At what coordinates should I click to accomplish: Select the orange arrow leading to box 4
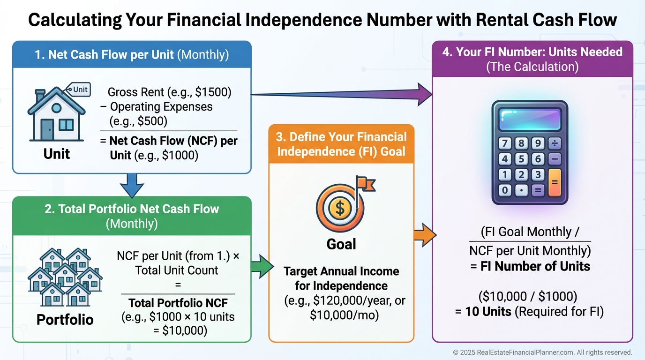point(424,234)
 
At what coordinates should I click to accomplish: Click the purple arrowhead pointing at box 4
point(423,95)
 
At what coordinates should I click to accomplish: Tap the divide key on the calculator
point(554,143)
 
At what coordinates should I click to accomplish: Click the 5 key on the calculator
point(522,159)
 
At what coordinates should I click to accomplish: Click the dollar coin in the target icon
point(340,209)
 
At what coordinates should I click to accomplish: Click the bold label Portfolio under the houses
point(65,320)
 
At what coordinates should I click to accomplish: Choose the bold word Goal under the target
point(341,244)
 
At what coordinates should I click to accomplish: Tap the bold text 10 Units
point(488,311)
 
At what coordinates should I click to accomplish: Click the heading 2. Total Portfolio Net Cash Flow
point(132,209)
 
